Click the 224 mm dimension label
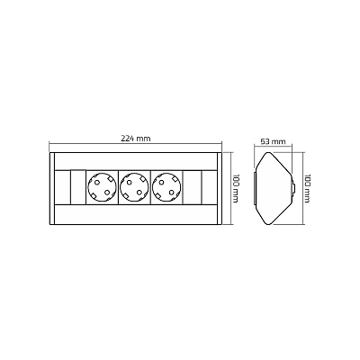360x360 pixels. click(136, 139)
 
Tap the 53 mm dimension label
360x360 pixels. click(273, 141)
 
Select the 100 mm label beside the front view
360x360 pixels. click(235, 188)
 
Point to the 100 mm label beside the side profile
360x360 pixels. click(307, 188)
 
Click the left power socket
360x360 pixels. click(102, 188)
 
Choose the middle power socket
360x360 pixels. click(135, 188)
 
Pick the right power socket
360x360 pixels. click(167, 188)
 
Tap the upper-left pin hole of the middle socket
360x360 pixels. click(130, 183)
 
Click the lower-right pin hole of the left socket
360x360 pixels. click(107, 193)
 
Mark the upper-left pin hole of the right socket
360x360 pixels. click(162, 183)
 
